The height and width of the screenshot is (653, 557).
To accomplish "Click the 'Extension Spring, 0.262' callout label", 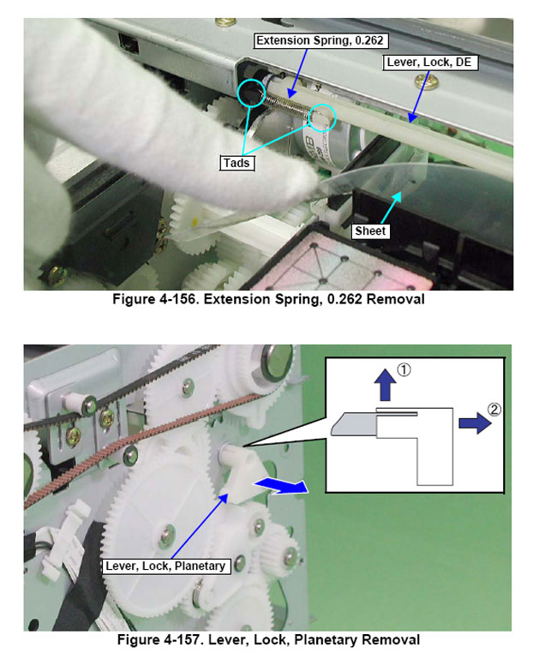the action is (x=321, y=41).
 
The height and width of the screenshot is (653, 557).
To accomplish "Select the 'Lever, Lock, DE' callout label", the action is (x=429, y=63).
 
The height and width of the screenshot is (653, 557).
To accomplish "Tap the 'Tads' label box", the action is (x=237, y=163).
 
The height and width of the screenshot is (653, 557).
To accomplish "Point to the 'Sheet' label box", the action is (x=370, y=231).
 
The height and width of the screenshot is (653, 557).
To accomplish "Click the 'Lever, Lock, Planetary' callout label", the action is (x=166, y=566).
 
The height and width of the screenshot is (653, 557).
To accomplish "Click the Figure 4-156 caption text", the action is (x=268, y=299).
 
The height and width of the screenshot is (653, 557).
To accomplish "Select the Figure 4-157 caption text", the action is (x=268, y=640).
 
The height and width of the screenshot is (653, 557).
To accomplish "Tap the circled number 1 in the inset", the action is (x=404, y=370).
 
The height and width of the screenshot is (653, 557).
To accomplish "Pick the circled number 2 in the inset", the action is (x=494, y=410).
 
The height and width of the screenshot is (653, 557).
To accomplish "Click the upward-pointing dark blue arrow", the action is (x=386, y=385).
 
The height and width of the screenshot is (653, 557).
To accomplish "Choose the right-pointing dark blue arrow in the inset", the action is (x=475, y=423).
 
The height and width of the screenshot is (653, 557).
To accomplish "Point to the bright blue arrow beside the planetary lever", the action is (x=281, y=486).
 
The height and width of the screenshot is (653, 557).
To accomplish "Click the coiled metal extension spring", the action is (x=287, y=105).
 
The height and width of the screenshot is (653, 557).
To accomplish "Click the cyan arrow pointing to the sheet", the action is (x=391, y=207).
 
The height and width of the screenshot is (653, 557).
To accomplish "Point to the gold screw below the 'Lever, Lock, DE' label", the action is (x=427, y=81).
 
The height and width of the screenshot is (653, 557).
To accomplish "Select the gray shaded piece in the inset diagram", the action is (x=354, y=424).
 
